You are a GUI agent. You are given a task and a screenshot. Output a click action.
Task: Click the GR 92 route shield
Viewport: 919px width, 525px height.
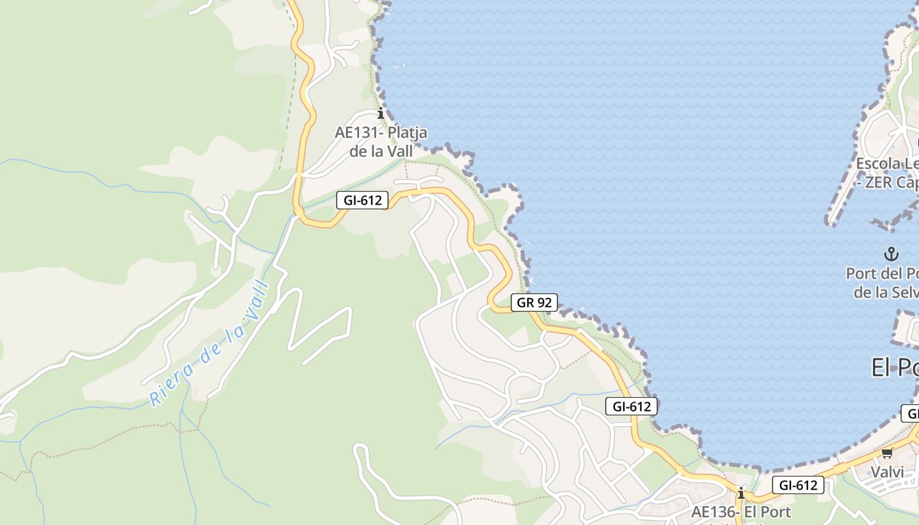click(x=534, y=303)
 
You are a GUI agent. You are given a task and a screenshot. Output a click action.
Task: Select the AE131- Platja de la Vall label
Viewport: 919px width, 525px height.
click(x=381, y=142)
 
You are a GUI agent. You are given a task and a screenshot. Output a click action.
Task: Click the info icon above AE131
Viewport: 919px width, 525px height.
click(x=380, y=114)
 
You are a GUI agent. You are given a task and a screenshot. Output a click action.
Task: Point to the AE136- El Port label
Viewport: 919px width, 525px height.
click(x=741, y=512)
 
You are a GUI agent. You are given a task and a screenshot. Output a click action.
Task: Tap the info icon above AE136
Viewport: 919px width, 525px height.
click(x=741, y=493)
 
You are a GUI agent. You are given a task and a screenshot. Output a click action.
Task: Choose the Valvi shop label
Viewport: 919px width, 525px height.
click(x=887, y=472)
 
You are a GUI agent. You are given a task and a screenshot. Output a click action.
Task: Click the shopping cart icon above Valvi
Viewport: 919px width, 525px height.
click(x=887, y=453)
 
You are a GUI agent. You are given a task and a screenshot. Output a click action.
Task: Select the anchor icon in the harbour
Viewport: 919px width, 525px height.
click(x=891, y=254)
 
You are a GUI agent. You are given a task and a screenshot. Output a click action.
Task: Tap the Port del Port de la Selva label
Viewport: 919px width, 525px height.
click(x=883, y=282)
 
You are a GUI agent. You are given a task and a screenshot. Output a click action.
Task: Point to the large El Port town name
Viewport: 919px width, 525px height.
click(x=895, y=367)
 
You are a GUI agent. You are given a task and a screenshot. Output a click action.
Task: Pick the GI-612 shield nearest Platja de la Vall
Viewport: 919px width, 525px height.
click(x=362, y=200)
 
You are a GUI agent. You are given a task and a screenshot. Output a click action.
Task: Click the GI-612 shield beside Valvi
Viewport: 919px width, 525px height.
click(x=798, y=485)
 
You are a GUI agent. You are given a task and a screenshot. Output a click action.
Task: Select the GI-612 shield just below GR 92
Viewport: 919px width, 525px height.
click(x=631, y=406)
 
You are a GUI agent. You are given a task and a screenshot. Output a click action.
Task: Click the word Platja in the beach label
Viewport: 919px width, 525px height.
click(x=407, y=133)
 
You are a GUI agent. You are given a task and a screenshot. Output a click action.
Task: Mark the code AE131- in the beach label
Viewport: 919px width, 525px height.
click(x=359, y=133)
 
